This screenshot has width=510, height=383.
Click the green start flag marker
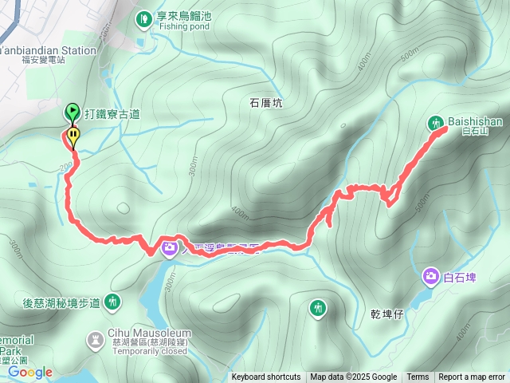point(71,112)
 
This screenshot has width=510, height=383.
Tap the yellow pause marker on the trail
point(73,136)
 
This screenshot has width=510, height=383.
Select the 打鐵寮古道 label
point(112,114)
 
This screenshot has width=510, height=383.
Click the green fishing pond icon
point(143,18)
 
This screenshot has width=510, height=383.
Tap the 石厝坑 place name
point(266,103)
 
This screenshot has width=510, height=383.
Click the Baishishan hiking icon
point(435,123)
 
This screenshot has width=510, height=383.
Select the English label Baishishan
point(474,121)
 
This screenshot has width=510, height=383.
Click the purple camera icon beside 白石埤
point(431,276)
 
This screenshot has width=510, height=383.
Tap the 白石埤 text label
point(460,278)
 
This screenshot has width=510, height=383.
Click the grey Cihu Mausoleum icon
point(95,340)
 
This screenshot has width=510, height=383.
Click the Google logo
point(30,372)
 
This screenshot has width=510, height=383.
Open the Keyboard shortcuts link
point(266,377)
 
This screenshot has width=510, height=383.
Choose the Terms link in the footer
point(418,377)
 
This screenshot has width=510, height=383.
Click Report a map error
point(472,377)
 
